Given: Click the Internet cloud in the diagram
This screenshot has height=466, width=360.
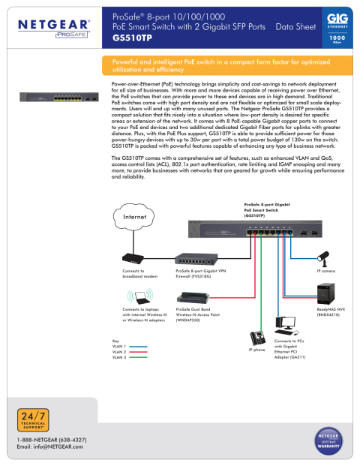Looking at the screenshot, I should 133,218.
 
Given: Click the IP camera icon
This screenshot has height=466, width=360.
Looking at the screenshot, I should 325,258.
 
